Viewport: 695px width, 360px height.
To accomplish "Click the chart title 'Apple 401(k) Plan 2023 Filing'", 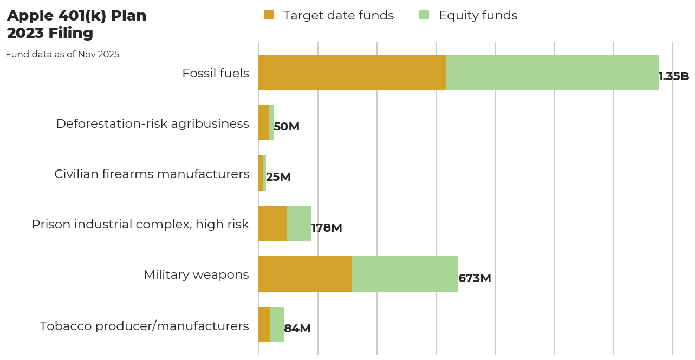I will (76, 24).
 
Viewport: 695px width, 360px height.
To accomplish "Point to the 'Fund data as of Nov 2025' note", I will (62, 55).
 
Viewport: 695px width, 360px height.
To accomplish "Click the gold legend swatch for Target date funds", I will (269, 15).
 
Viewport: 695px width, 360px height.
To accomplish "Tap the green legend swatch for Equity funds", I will (424, 15).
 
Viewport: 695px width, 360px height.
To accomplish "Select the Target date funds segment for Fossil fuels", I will (352, 72).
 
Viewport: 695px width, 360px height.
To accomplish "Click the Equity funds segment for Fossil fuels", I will (552, 72).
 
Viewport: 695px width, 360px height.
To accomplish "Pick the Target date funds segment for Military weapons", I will (305, 274).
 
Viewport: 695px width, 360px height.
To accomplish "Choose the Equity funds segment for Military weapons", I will (405, 274).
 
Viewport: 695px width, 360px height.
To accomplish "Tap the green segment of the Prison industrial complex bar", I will (299, 224).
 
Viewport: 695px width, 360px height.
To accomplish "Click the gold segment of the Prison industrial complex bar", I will (272, 224).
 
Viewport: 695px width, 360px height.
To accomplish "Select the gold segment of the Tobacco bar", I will (264, 324).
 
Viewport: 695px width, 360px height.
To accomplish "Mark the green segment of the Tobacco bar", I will (277, 324).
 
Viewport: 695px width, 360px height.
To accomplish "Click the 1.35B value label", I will (674, 76).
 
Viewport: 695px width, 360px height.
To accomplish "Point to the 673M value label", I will (475, 278).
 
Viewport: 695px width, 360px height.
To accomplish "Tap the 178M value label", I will (327, 228).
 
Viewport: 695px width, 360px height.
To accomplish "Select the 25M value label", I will (278, 177).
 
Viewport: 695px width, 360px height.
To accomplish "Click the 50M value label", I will (287, 127).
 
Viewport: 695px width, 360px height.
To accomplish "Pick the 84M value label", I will (297, 329).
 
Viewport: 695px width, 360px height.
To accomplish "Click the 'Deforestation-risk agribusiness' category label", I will (152, 123).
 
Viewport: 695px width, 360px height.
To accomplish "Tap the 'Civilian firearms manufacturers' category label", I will (152, 174).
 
